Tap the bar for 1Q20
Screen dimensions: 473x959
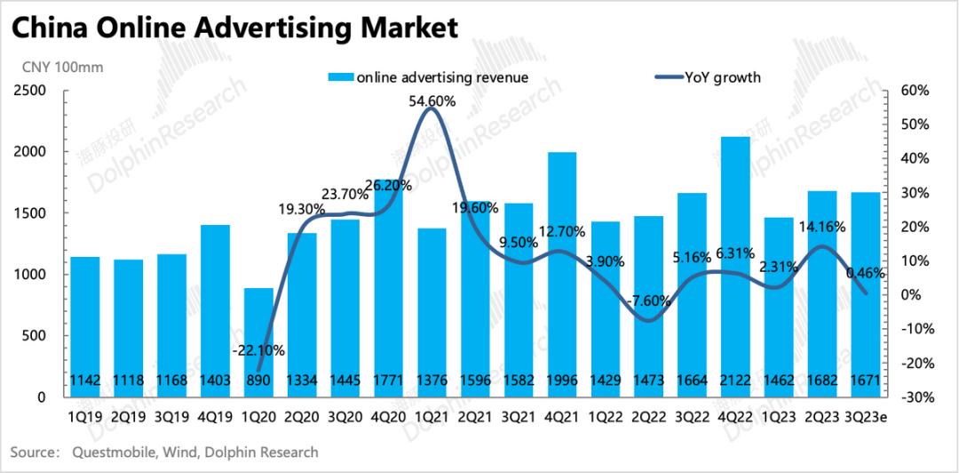pyautogui.click(x=258, y=342)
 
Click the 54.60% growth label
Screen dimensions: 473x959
pyautogui.click(x=432, y=102)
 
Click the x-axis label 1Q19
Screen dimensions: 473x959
pyautogui.click(x=85, y=414)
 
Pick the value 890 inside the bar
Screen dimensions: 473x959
pyautogui.click(x=258, y=381)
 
